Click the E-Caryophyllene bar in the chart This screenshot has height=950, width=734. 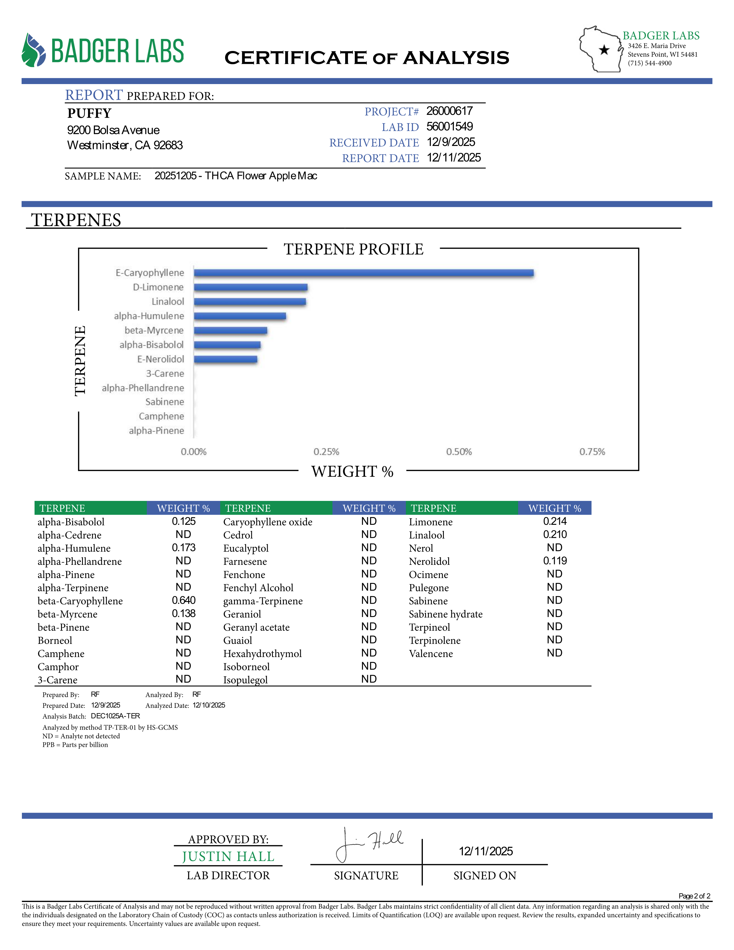364,273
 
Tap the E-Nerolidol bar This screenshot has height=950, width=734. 225,359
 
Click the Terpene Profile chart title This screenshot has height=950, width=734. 353,249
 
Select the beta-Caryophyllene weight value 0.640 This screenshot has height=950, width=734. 184,600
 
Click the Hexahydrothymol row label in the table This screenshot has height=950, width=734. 262,653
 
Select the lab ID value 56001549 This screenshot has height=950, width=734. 449,127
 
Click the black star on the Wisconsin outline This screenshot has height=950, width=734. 604,50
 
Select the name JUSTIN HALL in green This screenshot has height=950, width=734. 228,856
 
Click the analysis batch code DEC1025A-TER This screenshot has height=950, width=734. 115,716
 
